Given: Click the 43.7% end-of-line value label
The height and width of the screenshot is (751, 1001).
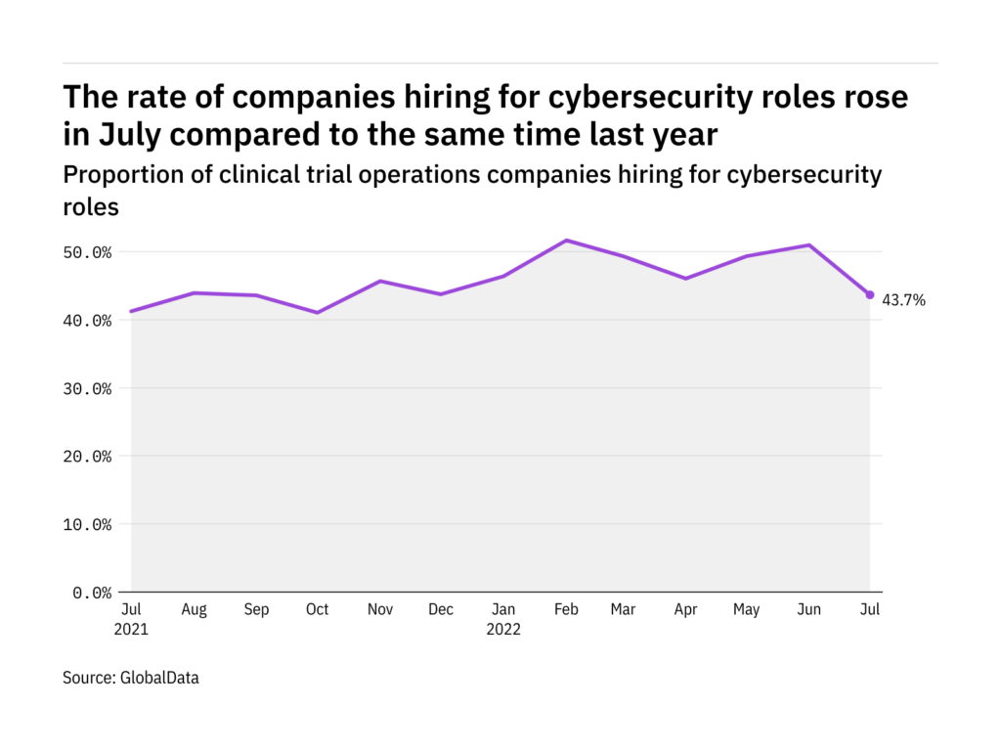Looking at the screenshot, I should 903,300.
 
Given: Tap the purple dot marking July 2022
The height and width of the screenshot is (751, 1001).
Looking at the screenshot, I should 870,294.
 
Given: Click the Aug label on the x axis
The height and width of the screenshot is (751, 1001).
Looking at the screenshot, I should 194,610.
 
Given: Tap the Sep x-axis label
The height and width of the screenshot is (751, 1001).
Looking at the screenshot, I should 256,610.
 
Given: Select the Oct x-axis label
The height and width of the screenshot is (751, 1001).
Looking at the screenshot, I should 318,610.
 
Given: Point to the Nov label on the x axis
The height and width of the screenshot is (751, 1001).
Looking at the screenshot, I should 379,610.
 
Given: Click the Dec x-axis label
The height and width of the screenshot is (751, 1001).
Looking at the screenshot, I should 441,610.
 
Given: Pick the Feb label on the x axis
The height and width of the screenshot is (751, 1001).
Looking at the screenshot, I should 565,610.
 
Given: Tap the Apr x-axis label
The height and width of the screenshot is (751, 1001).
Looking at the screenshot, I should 686,610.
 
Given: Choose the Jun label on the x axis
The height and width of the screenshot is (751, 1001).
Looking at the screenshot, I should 809,610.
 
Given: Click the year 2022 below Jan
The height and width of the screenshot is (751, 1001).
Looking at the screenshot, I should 504,630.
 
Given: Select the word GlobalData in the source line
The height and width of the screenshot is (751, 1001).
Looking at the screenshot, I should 159,677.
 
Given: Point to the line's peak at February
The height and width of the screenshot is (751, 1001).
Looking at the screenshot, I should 566,241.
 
